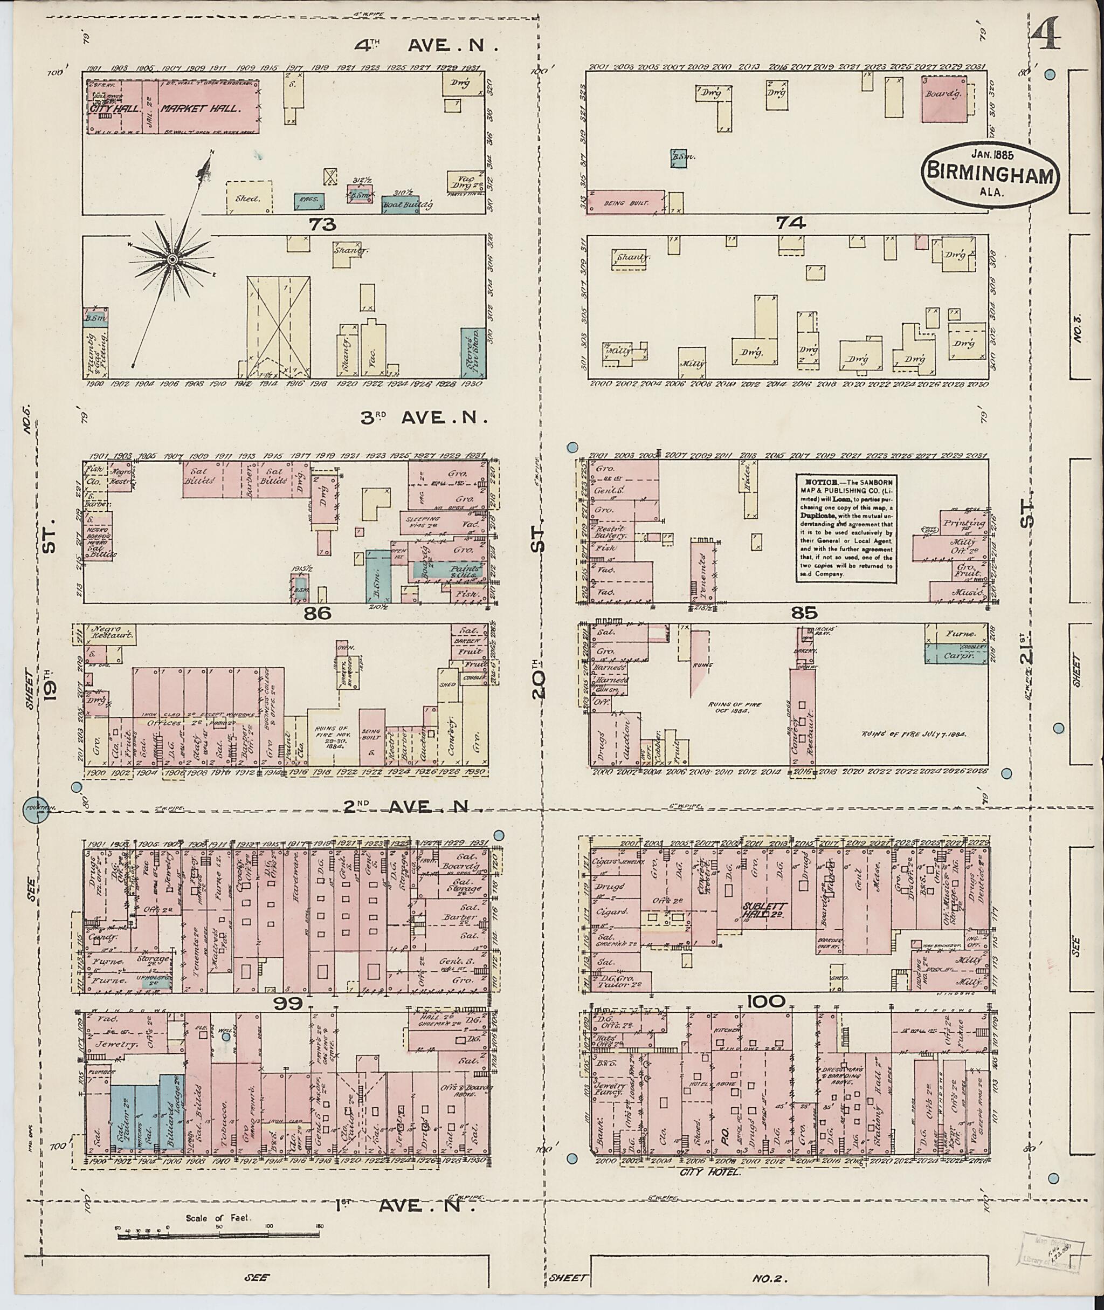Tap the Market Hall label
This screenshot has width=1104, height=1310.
[201, 108]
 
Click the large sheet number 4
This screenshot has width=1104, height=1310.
[1043, 35]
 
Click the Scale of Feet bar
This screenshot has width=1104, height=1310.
[217, 1233]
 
